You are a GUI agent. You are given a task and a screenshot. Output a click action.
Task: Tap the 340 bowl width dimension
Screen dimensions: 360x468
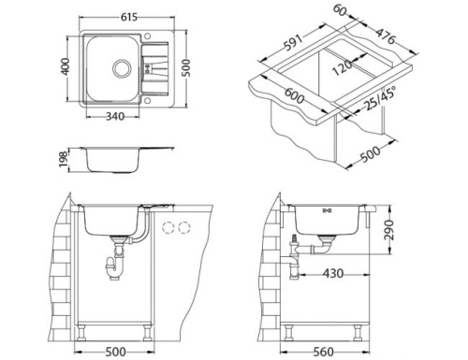[x=118, y=117]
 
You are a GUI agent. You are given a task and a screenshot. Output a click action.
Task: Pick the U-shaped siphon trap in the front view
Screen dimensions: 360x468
[x=119, y=266]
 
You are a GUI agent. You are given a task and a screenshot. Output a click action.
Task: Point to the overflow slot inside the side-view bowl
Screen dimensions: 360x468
[x=325, y=211]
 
